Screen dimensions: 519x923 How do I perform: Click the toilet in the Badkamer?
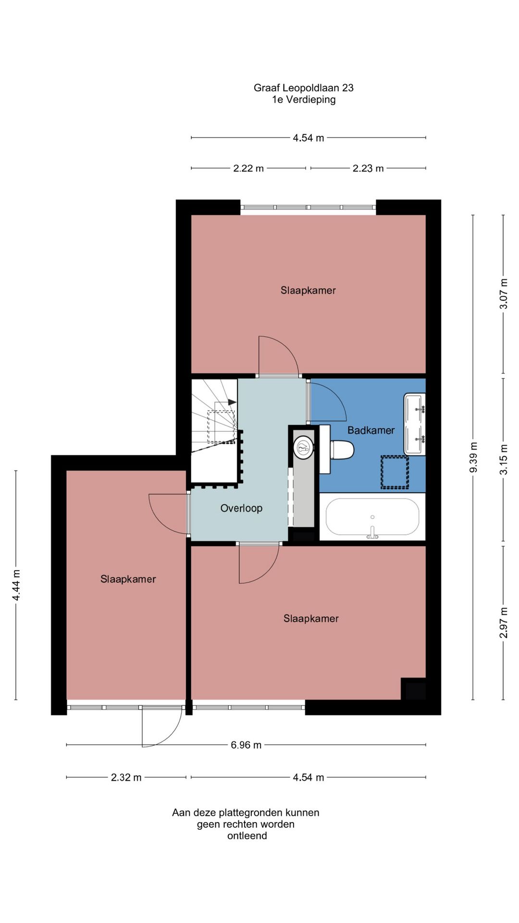342,450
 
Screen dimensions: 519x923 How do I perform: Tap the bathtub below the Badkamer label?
372,517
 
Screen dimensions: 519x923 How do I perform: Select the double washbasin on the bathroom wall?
415,424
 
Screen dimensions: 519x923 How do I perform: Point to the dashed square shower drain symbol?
395,473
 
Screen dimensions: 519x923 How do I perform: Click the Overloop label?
241,508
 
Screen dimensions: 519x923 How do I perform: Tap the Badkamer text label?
371,430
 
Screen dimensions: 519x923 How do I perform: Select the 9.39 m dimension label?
473,457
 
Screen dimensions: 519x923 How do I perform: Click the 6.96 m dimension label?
246,745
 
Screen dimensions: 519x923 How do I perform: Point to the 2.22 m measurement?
248,168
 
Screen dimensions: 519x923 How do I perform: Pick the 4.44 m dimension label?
16,585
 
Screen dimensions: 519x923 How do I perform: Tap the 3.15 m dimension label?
503,459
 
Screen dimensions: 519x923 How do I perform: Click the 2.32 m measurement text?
126,777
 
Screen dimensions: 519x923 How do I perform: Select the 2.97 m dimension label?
503,623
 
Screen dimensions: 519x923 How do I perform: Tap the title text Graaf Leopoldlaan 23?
304,87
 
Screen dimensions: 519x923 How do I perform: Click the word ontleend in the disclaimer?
247,836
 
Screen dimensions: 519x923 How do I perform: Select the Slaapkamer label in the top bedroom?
308,290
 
